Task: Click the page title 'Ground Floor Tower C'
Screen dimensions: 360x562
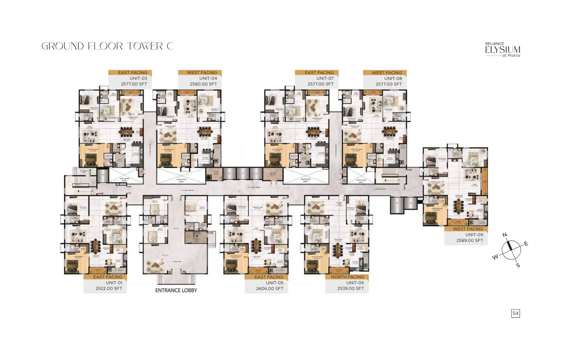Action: tap(107, 46)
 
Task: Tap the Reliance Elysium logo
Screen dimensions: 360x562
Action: tap(502, 50)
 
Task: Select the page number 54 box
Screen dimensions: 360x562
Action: tap(515, 313)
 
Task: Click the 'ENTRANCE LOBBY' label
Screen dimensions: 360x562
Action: tap(176, 290)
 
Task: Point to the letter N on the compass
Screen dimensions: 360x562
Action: tap(504, 235)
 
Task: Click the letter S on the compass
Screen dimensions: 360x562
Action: tap(518, 265)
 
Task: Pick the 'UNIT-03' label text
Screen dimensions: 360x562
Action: tap(138, 78)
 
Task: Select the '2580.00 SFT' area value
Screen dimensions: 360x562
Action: tap(203, 84)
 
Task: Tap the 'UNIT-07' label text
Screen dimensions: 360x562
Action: tap(325, 78)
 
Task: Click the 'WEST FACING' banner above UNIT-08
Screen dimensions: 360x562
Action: tap(386, 73)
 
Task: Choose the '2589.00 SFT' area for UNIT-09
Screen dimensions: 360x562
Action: tap(469, 240)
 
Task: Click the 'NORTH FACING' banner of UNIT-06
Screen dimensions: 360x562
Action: tap(347, 277)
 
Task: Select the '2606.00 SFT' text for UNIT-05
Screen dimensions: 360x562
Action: tap(269, 288)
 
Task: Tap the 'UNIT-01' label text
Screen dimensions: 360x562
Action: tap(114, 283)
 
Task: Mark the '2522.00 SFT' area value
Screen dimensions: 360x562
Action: tap(109, 288)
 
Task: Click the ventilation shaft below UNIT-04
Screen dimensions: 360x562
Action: tap(181, 176)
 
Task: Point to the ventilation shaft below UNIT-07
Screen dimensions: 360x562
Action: tap(306, 176)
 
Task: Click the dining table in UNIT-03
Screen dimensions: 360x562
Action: tap(126, 131)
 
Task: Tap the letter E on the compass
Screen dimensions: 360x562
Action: tap(526, 244)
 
